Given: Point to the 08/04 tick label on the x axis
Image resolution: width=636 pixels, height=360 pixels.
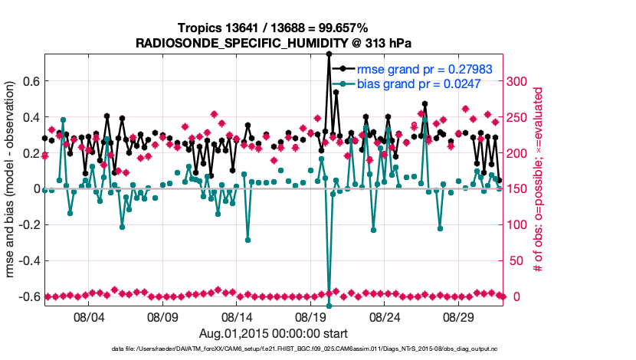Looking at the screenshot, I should (88, 316).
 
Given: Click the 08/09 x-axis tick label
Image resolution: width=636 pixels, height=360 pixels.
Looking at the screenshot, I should (162, 316).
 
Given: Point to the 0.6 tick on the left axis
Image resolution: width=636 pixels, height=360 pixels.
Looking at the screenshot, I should (31, 81).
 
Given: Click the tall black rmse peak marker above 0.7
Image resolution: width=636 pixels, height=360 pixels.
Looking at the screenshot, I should (329, 54).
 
